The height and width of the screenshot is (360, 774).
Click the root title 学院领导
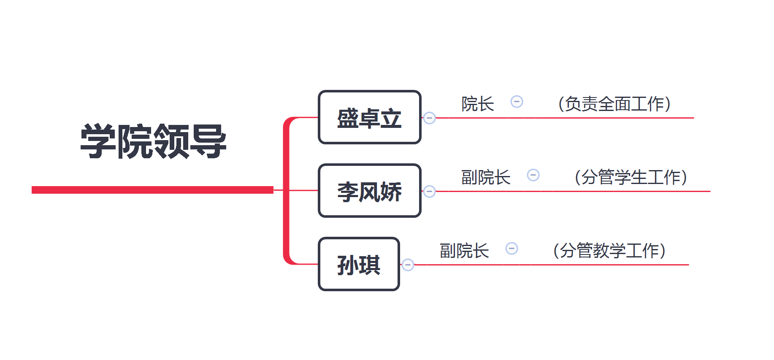(153, 141)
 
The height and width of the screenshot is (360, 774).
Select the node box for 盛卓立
(369, 117)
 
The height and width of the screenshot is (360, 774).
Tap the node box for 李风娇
(369, 191)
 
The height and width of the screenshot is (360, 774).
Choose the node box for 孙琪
(358, 264)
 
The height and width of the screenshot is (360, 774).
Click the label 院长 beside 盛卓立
(477, 104)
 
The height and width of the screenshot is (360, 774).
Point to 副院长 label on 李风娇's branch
(485, 177)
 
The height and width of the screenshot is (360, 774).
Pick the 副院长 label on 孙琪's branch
(464, 251)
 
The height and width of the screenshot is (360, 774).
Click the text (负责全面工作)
(614, 104)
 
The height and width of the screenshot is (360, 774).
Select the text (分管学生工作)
(631, 177)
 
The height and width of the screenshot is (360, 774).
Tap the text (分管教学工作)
(609, 251)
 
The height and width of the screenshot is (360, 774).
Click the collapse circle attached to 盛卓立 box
(429, 118)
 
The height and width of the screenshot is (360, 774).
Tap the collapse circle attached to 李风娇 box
(429, 191)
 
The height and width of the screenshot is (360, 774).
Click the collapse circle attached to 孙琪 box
(408, 265)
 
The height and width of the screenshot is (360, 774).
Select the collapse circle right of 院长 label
(517, 102)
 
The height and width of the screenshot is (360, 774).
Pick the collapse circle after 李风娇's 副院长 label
(533, 175)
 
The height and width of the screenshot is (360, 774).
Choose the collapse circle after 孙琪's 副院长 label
(511, 249)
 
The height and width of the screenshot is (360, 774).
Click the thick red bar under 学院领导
(152, 190)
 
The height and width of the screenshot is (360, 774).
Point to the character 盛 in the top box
(348, 118)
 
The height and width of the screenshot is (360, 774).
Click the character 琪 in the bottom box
(370, 265)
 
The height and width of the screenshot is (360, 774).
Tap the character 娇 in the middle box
(391, 192)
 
